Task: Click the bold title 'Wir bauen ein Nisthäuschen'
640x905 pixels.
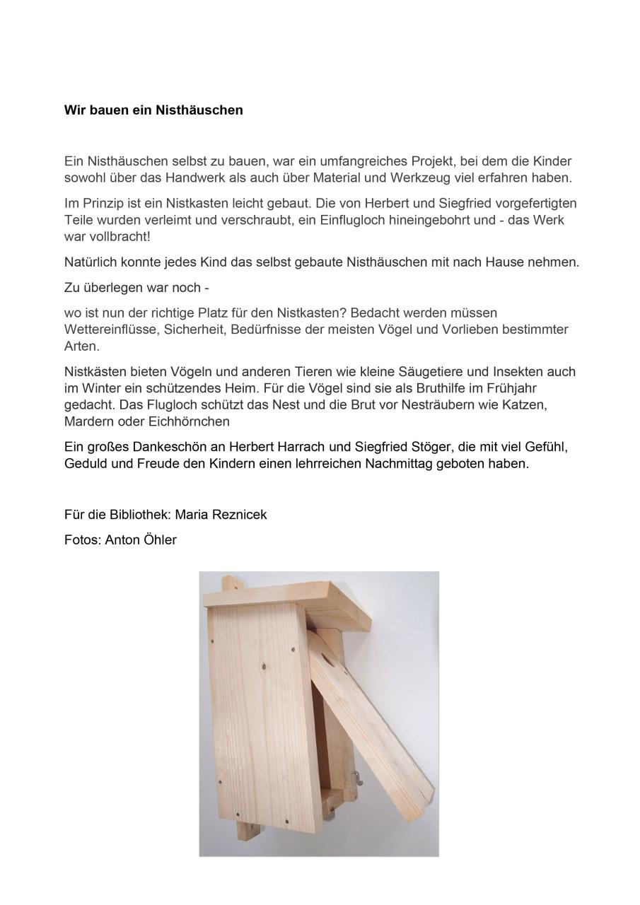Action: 153,110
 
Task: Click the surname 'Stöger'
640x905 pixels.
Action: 443,448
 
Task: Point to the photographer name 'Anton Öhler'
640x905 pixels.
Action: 141,540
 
